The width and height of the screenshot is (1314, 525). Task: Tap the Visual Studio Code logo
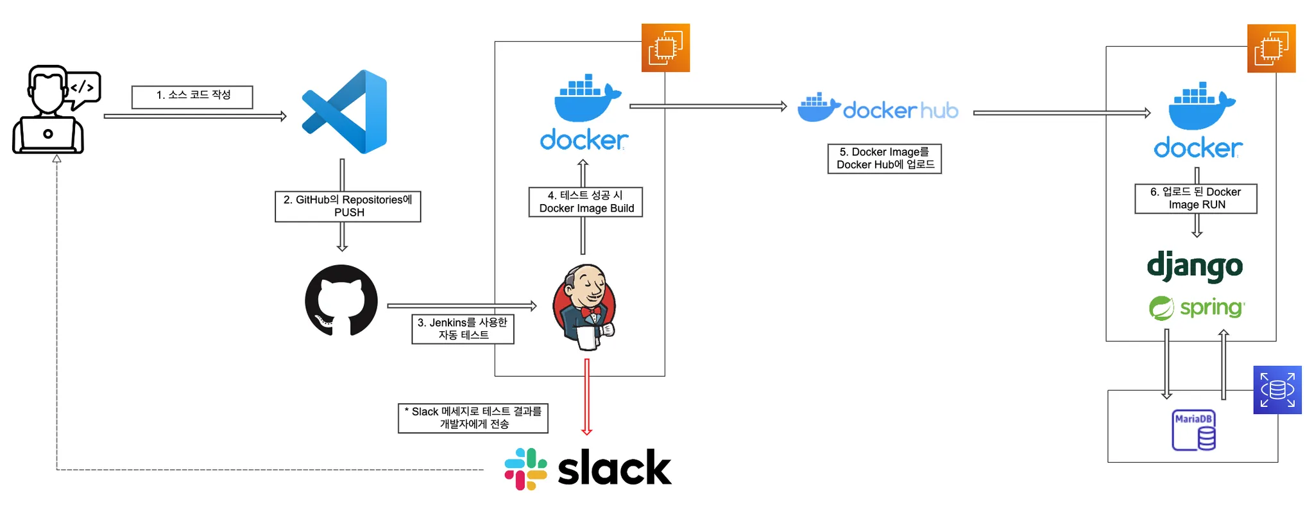(x=345, y=112)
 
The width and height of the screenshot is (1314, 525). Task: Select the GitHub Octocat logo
(x=341, y=300)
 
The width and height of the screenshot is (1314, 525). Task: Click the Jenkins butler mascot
(x=584, y=307)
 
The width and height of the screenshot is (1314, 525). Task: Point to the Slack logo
(x=588, y=469)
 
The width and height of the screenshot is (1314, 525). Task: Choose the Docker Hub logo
(x=878, y=108)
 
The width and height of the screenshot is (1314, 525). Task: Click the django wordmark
(x=1195, y=266)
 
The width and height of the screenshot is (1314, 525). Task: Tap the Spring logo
(x=1197, y=308)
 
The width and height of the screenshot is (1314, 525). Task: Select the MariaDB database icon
(x=1193, y=430)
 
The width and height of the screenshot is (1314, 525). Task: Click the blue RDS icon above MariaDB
(x=1277, y=390)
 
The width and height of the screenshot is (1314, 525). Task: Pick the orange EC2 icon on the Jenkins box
(x=665, y=47)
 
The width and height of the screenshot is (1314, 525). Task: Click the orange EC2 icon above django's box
(x=1271, y=48)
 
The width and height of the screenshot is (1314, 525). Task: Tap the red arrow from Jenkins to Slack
(x=586, y=397)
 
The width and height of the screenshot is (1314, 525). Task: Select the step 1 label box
(x=192, y=97)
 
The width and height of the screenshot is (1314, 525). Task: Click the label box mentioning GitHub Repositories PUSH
(x=348, y=206)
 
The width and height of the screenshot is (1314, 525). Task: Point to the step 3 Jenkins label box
(x=463, y=329)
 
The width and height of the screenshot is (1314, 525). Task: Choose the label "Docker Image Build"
(x=585, y=202)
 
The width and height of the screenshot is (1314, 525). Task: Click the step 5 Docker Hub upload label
(x=884, y=159)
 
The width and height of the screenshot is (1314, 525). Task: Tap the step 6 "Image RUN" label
(x=1195, y=198)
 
